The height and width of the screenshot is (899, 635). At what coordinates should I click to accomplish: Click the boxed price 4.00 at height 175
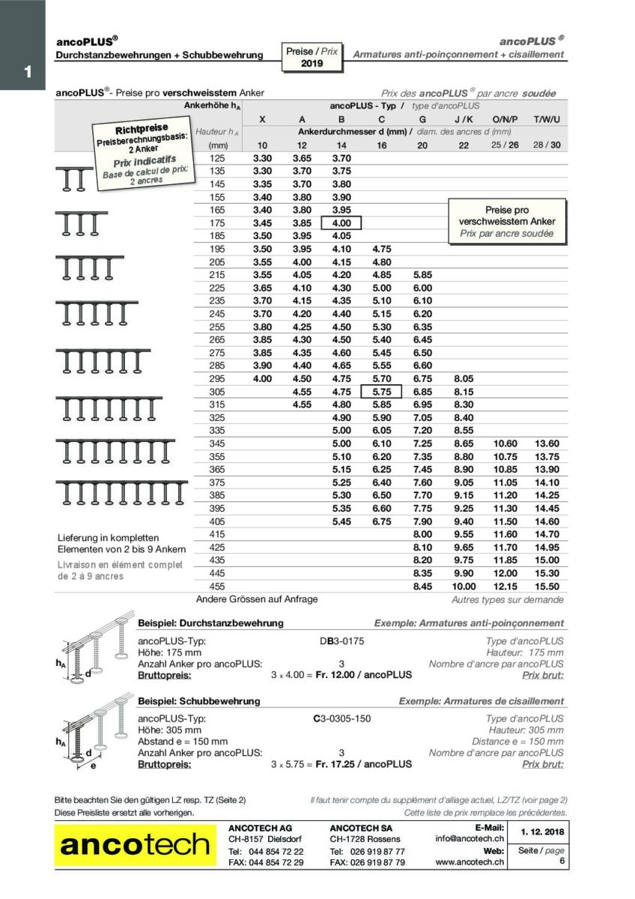point(341,223)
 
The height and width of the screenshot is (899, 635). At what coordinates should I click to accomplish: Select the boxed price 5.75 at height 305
point(381,391)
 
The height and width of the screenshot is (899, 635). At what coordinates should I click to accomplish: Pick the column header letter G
point(422,119)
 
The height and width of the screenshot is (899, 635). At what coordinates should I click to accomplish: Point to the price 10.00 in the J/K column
point(464,586)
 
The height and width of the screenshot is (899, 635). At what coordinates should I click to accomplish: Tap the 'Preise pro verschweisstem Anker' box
point(506,222)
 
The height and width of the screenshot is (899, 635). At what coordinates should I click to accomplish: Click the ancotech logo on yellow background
point(136,845)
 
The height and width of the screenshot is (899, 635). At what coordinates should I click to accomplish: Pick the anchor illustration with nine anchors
point(121,491)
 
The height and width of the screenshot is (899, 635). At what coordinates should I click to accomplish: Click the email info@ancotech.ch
point(470,839)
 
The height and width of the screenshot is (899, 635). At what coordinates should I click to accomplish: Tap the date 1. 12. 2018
point(541,831)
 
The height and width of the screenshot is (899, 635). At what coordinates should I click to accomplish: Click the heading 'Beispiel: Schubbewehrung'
point(199,701)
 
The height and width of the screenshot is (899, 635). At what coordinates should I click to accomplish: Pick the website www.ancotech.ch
point(470,862)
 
